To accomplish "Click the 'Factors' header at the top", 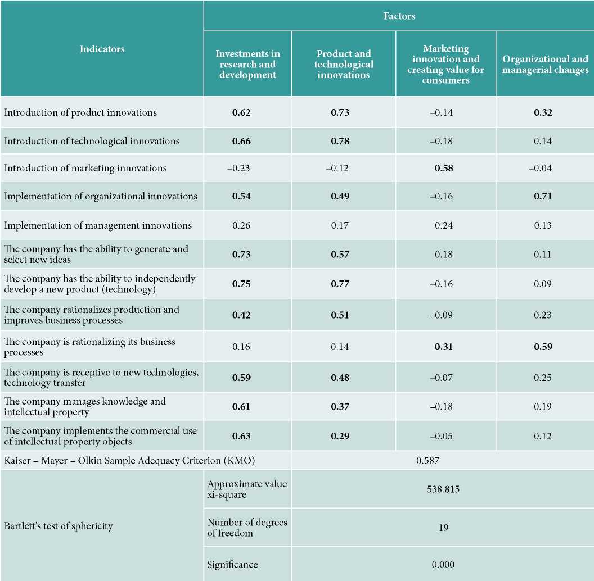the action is pyautogui.click(x=399, y=16).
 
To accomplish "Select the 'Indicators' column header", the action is pyautogui.click(x=102, y=49).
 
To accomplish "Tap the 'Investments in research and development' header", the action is pyautogui.click(x=247, y=64).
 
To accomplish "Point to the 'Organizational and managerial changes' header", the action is pyautogui.click(x=545, y=65).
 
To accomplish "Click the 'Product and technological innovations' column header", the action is pyautogui.click(x=344, y=64).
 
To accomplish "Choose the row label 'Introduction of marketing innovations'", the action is pyautogui.click(x=85, y=168).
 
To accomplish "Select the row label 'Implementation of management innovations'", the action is pyautogui.click(x=98, y=225).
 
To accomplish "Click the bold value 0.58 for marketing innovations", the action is pyautogui.click(x=444, y=168).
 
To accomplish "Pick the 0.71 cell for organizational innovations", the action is pyautogui.click(x=543, y=196).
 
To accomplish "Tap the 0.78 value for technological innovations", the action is pyautogui.click(x=340, y=141).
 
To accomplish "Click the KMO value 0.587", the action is pyautogui.click(x=427, y=461).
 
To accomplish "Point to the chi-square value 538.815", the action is pyautogui.click(x=443, y=489).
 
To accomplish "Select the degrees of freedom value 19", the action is pyautogui.click(x=443, y=528).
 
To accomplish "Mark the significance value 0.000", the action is pyautogui.click(x=443, y=564).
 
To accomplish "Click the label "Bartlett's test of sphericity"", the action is pyautogui.click(x=58, y=526).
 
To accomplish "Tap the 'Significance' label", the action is pyautogui.click(x=232, y=565).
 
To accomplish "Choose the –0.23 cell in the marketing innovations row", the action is pyautogui.click(x=238, y=168).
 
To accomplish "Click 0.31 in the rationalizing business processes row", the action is pyautogui.click(x=444, y=347).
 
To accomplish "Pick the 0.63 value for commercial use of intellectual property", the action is pyautogui.click(x=241, y=436).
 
